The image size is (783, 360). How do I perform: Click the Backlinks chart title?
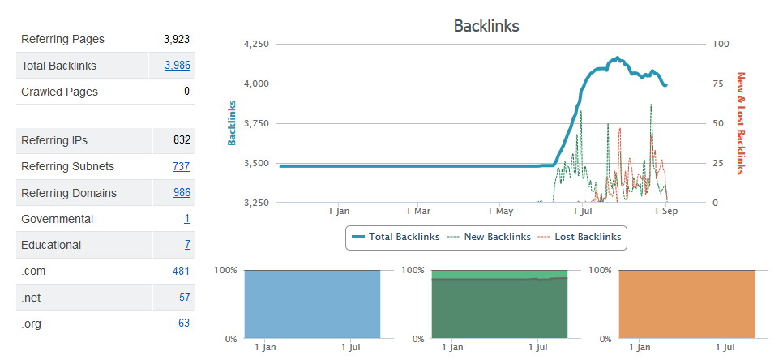[x=486, y=26]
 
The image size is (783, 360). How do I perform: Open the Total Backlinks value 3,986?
[x=177, y=66]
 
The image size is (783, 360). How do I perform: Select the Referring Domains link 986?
[x=182, y=193]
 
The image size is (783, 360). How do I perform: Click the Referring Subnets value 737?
[x=182, y=167]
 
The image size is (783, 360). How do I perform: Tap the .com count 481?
[x=182, y=272]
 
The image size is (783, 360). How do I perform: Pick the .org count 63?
[x=184, y=324]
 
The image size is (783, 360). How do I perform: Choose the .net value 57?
[x=184, y=298]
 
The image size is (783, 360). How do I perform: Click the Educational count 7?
[x=187, y=245]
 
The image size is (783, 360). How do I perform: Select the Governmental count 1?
[x=187, y=219]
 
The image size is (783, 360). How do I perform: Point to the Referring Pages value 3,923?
[x=177, y=39]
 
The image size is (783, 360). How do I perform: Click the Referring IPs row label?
[x=54, y=140]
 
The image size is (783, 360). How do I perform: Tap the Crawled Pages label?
[x=59, y=92]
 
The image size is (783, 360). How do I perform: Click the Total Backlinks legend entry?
[x=396, y=237]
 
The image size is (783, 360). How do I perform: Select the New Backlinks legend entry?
[x=489, y=237]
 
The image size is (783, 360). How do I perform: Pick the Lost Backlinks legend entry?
[x=580, y=237]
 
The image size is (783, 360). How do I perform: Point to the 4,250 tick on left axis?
[x=256, y=44]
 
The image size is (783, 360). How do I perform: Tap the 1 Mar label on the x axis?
[x=418, y=211]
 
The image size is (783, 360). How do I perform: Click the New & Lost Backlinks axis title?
[x=740, y=123]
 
